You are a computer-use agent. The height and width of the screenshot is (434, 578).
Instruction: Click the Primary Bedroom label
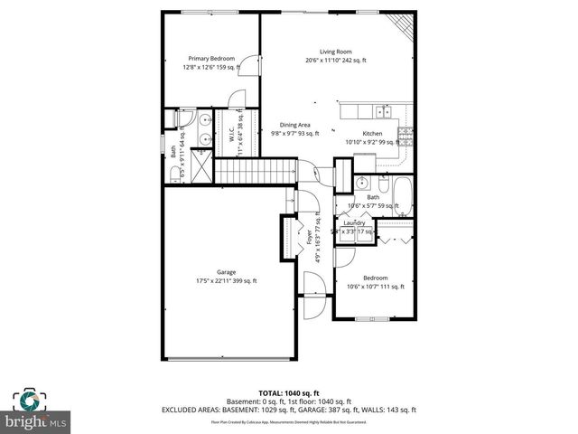point(203,59)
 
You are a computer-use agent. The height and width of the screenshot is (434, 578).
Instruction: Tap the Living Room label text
point(335,52)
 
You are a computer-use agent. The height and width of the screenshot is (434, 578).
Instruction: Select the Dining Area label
point(295,125)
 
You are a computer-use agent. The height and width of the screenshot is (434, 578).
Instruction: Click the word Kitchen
point(373,133)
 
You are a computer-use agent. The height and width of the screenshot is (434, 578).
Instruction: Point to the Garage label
point(226,271)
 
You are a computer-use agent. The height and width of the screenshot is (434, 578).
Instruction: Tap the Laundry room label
point(353,222)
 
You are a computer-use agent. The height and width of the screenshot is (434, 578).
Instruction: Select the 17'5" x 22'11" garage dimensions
point(226,280)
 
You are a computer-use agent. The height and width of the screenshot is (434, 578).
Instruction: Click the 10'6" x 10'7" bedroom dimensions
point(375,288)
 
